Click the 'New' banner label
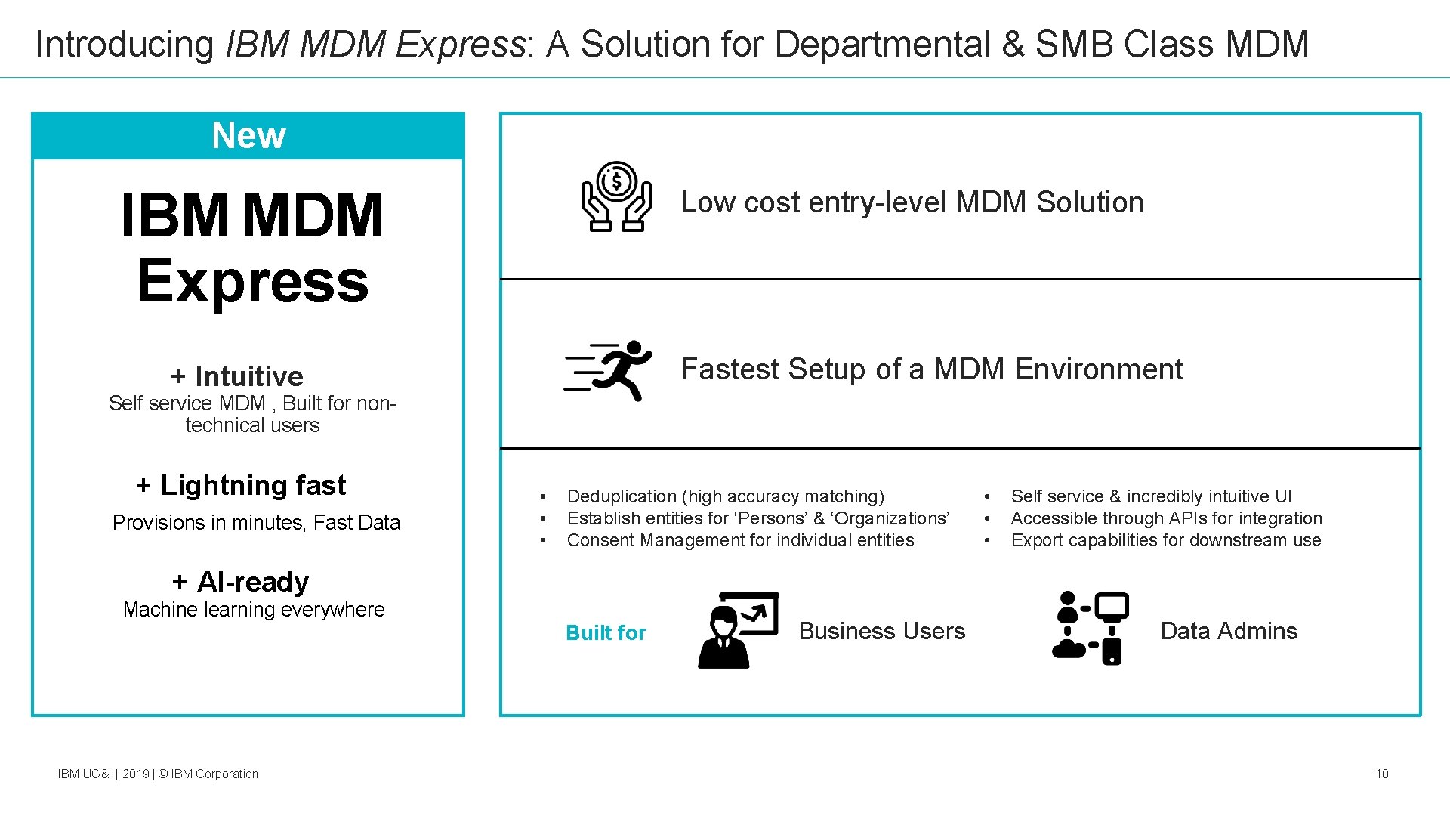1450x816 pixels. [248, 136]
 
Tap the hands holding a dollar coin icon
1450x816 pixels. [616, 196]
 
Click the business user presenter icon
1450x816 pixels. [737, 630]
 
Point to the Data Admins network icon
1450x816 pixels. [1091, 629]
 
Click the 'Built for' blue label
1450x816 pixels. [606, 632]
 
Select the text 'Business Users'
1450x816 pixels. [881, 631]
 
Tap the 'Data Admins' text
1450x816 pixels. [1228, 631]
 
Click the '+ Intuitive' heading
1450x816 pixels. [237, 376]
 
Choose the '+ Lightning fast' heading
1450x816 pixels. [241, 485]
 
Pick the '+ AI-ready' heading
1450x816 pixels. [240, 582]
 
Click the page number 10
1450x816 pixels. [1381, 774]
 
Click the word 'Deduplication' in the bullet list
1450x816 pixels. [622, 496]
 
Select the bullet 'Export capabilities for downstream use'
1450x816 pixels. [1165, 540]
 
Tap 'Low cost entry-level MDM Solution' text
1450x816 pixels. [912, 202]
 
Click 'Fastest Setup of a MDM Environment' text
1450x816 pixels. [931, 369]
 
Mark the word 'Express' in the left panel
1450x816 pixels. [252, 281]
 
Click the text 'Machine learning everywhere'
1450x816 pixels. [254, 610]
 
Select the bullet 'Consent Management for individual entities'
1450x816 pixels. [740, 540]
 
